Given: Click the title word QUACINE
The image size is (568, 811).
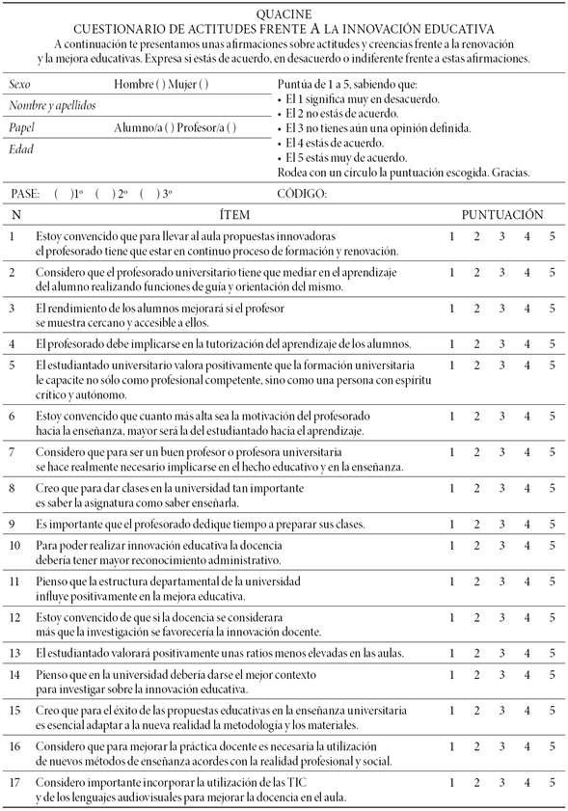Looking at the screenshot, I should pos(284,14).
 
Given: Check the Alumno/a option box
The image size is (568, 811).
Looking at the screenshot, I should pos(170,127).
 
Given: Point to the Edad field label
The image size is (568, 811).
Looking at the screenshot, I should pos(21,149).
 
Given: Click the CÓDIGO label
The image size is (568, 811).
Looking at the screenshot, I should pos(302,193).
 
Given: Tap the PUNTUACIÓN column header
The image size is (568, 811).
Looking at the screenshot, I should pos(500,213).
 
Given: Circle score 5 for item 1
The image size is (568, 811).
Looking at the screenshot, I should pos(553,236).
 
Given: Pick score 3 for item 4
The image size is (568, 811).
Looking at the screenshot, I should pos(501,344).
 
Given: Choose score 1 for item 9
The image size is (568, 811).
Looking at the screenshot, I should pos(451,524).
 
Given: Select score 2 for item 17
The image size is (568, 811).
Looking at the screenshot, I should pos(476,783).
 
